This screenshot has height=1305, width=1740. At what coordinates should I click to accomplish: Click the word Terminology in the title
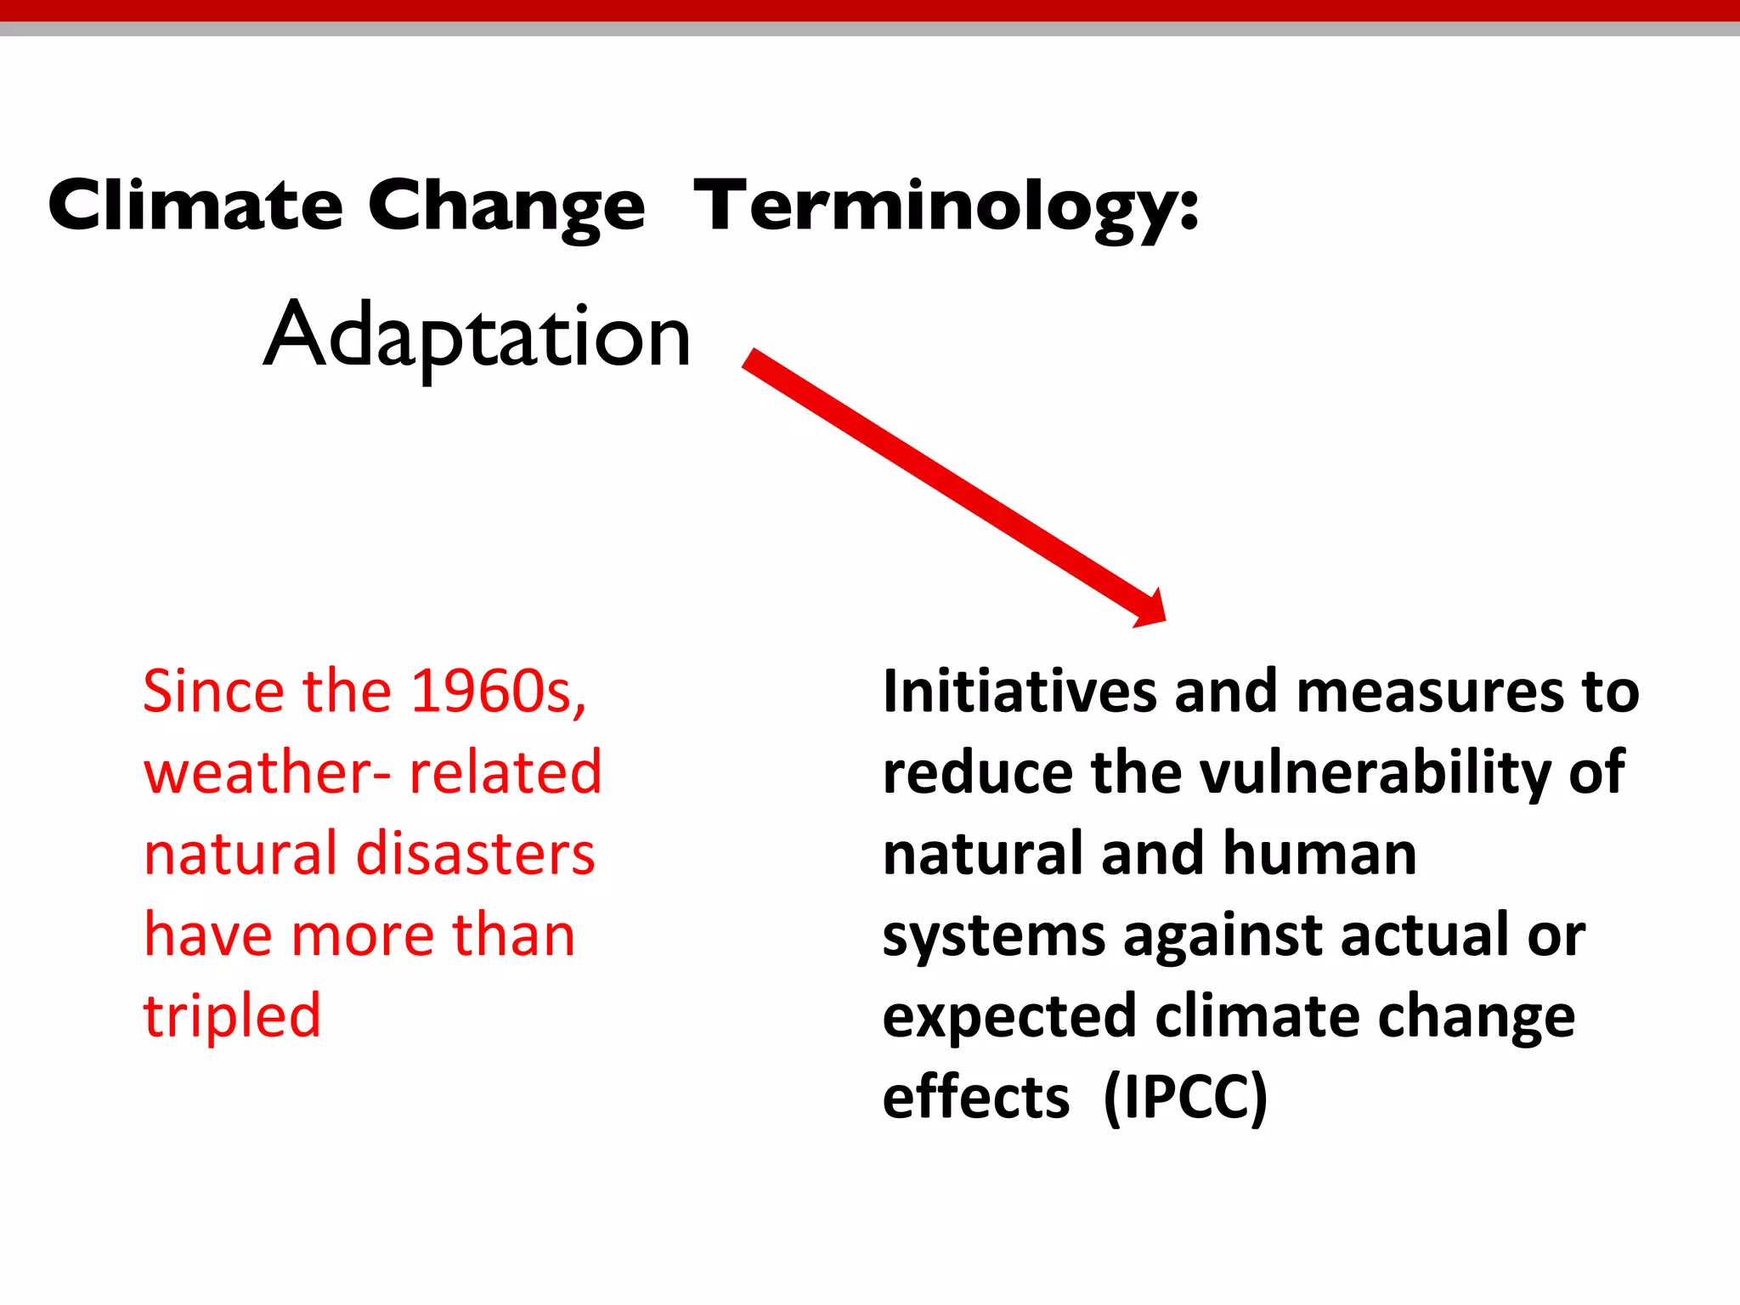946,206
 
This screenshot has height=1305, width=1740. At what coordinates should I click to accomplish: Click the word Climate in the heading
195,206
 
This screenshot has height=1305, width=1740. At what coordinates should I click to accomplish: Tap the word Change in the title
506,206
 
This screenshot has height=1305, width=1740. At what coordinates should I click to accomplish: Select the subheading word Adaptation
477,336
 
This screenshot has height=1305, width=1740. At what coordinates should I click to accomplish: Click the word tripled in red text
232,1017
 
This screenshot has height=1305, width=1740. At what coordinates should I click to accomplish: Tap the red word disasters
476,854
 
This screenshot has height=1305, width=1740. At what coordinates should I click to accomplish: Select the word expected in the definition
1009,1017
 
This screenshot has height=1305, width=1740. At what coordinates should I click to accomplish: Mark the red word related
506,772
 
